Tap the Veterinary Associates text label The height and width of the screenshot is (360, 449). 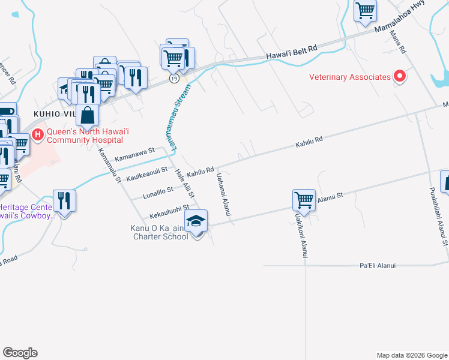click(350, 77)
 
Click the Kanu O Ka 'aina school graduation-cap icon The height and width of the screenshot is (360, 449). click(196, 221)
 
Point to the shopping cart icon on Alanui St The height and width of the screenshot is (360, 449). click(304, 200)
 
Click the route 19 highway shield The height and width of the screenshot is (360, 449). click(173, 78)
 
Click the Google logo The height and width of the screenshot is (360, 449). click(20, 353)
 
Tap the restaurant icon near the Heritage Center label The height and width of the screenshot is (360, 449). click(64, 201)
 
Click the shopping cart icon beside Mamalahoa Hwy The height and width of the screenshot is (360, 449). click(365, 11)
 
